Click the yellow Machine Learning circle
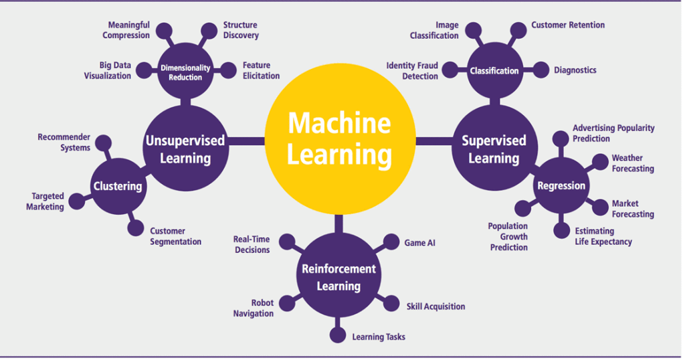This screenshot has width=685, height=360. tap(340, 140)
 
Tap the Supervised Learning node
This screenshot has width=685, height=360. tap(494, 149)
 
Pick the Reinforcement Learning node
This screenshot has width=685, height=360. tap(338, 276)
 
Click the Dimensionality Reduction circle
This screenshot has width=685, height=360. tap(185, 72)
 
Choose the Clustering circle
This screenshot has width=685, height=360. tap(118, 186)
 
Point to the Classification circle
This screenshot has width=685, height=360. tap(494, 71)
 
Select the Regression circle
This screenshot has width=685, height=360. tap(561, 186)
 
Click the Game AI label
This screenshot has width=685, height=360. tap(419, 243)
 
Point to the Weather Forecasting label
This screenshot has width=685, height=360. tap(632, 163)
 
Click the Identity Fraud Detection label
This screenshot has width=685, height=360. tap(411, 71)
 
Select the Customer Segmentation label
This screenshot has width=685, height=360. tap(175, 236)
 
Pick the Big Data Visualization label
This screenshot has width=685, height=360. tap(107, 71)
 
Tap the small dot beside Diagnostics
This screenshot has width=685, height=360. tap(539, 70)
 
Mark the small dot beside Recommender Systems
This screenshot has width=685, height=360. tap(103, 143)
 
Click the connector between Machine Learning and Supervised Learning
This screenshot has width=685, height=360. tap(435, 141)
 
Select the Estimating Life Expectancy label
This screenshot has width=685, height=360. tap(603, 236)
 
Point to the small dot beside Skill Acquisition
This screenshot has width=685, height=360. tap(391, 304)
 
